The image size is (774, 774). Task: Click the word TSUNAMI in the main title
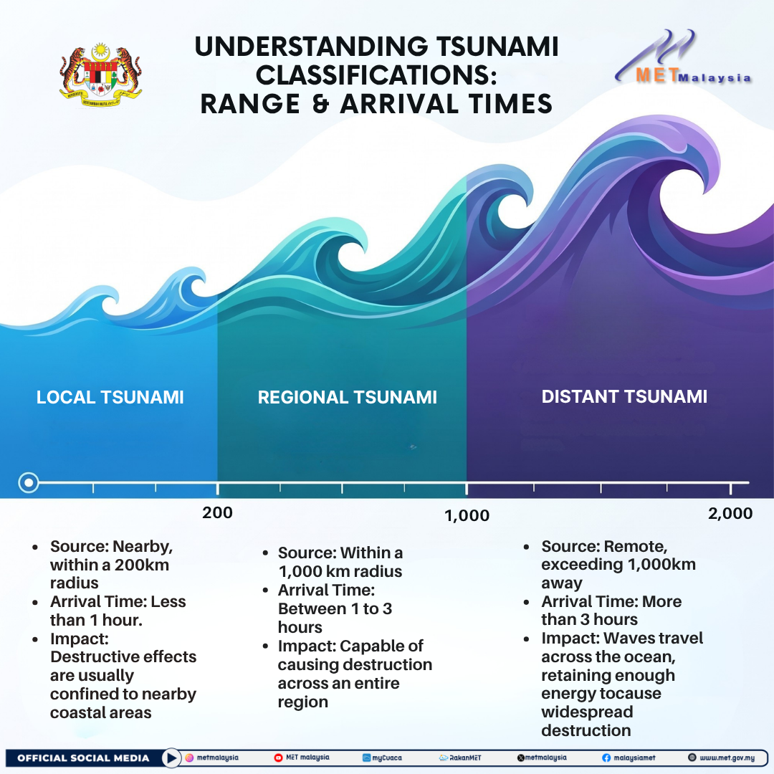(x=497, y=47)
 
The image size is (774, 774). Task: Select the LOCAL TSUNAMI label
(x=110, y=397)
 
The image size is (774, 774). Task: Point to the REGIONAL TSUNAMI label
(x=348, y=397)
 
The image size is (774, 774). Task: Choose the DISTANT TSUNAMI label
(x=624, y=397)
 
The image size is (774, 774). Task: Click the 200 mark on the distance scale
(x=217, y=513)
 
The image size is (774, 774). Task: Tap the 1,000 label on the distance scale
(x=467, y=516)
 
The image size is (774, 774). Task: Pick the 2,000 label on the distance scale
(x=730, y=513)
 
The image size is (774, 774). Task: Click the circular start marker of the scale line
(x=29, y=482)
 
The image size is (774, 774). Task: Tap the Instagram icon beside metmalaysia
(x=189, y=758)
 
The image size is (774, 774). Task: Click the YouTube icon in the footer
(x=278, y=758)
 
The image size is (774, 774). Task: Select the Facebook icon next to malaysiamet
(x=606, y=758)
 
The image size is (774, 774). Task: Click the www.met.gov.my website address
(x=727, y=758)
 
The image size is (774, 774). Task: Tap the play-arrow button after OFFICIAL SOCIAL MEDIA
(x=171, y=758)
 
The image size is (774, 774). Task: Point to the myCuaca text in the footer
(x=387, y=758)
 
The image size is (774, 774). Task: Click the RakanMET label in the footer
(x=465, y=758)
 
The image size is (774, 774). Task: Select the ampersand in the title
(x=321, y=104)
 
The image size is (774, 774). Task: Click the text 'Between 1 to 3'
(x=335, y=608)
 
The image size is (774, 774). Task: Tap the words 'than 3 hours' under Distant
(x=589, y=619)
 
